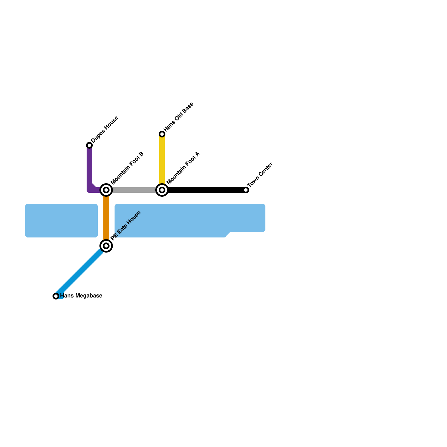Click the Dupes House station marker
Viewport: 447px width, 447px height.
pos(89,145)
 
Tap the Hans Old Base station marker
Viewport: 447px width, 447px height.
pos(162,134)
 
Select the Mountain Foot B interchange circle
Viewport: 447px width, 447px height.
pos(106,190)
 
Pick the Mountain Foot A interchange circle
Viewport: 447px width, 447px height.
pos(162,190)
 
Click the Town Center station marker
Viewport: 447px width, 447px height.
pos(246,190)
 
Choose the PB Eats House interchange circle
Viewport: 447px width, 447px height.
pos(106,246)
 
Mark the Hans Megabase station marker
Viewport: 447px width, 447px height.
pos(56,296)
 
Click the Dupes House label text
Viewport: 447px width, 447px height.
pos(105,129)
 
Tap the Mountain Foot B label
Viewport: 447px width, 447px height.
pos(127,168)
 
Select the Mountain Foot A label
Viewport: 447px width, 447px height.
pos(183,168)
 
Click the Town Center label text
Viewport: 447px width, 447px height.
pos(260,175)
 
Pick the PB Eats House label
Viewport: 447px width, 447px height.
pos(126,225)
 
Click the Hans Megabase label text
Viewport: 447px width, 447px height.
pos(81,296)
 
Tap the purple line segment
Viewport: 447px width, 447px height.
pos(89,168)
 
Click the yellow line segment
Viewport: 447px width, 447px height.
pos(162,159)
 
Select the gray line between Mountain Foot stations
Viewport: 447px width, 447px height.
pos(134,190)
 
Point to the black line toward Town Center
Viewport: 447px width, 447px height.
pos(204,190)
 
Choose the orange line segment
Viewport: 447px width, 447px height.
pos(106,218)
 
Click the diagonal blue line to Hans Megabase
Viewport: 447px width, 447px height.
pos(81,271)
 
